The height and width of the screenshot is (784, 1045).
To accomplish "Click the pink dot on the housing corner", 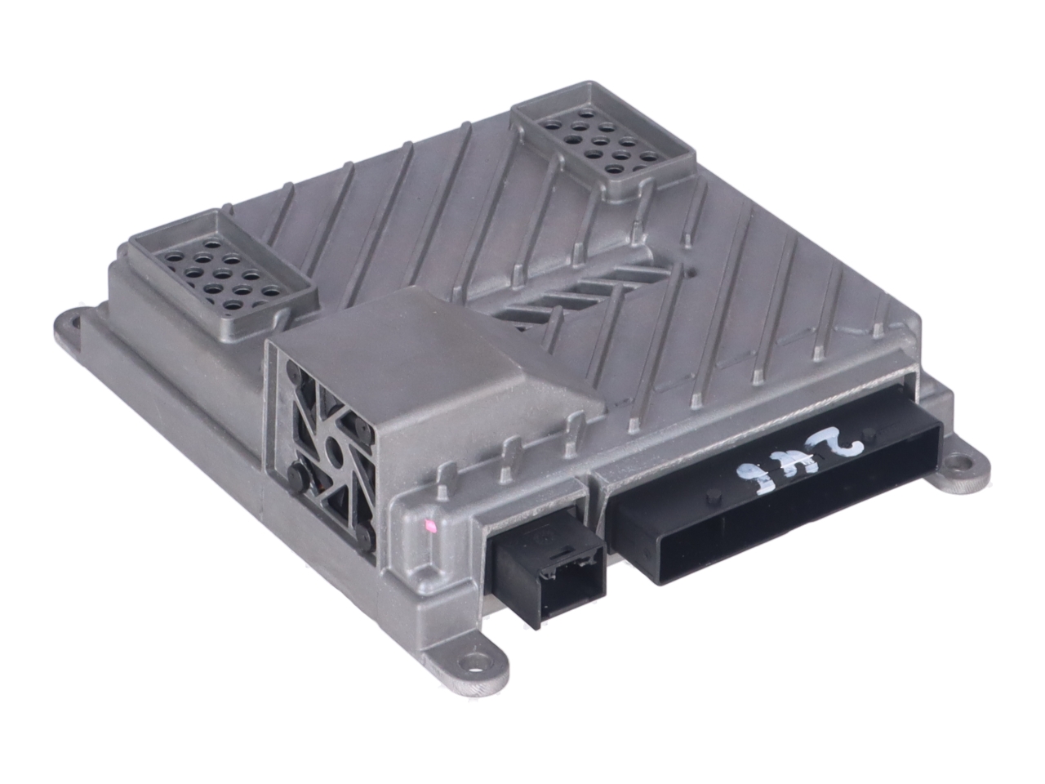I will click(425, 528).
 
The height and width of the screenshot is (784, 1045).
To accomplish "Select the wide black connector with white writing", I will click(776, 506).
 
